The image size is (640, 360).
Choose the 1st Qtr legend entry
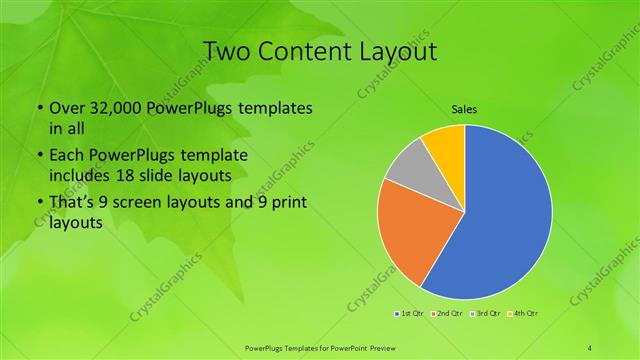click(409, 314)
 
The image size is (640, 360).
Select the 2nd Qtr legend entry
click(447, 314)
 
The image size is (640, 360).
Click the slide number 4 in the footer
click(590, 347)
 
